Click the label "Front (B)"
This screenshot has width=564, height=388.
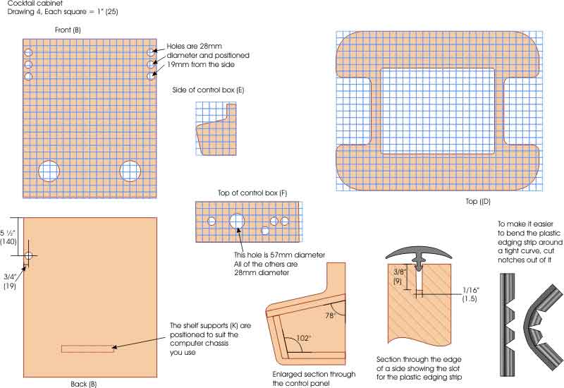[68, 30]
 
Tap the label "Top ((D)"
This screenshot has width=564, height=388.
[478, 202]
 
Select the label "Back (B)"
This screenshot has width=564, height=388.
[84, 384]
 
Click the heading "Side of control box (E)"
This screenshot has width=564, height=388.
[208, 90]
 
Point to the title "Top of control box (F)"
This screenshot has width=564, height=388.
[252, 193]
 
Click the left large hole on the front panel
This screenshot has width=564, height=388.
[49, 171]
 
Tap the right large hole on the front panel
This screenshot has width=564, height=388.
[130, 171]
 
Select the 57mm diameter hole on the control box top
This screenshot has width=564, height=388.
[237, 221]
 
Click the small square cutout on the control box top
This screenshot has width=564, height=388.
[265, 231]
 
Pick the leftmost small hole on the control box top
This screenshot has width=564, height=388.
[211, 221]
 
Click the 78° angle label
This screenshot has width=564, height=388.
[331, 315]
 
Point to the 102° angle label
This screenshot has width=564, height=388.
[303, 338]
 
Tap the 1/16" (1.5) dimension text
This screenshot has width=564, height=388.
[470, 294]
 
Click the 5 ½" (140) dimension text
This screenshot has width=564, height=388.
[8, 237]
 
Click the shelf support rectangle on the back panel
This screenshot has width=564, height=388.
[88, 348]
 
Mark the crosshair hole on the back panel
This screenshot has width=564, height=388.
[28, 255]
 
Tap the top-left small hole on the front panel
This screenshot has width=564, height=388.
[28, 53]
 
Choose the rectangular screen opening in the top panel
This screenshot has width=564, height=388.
[438, 111]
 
